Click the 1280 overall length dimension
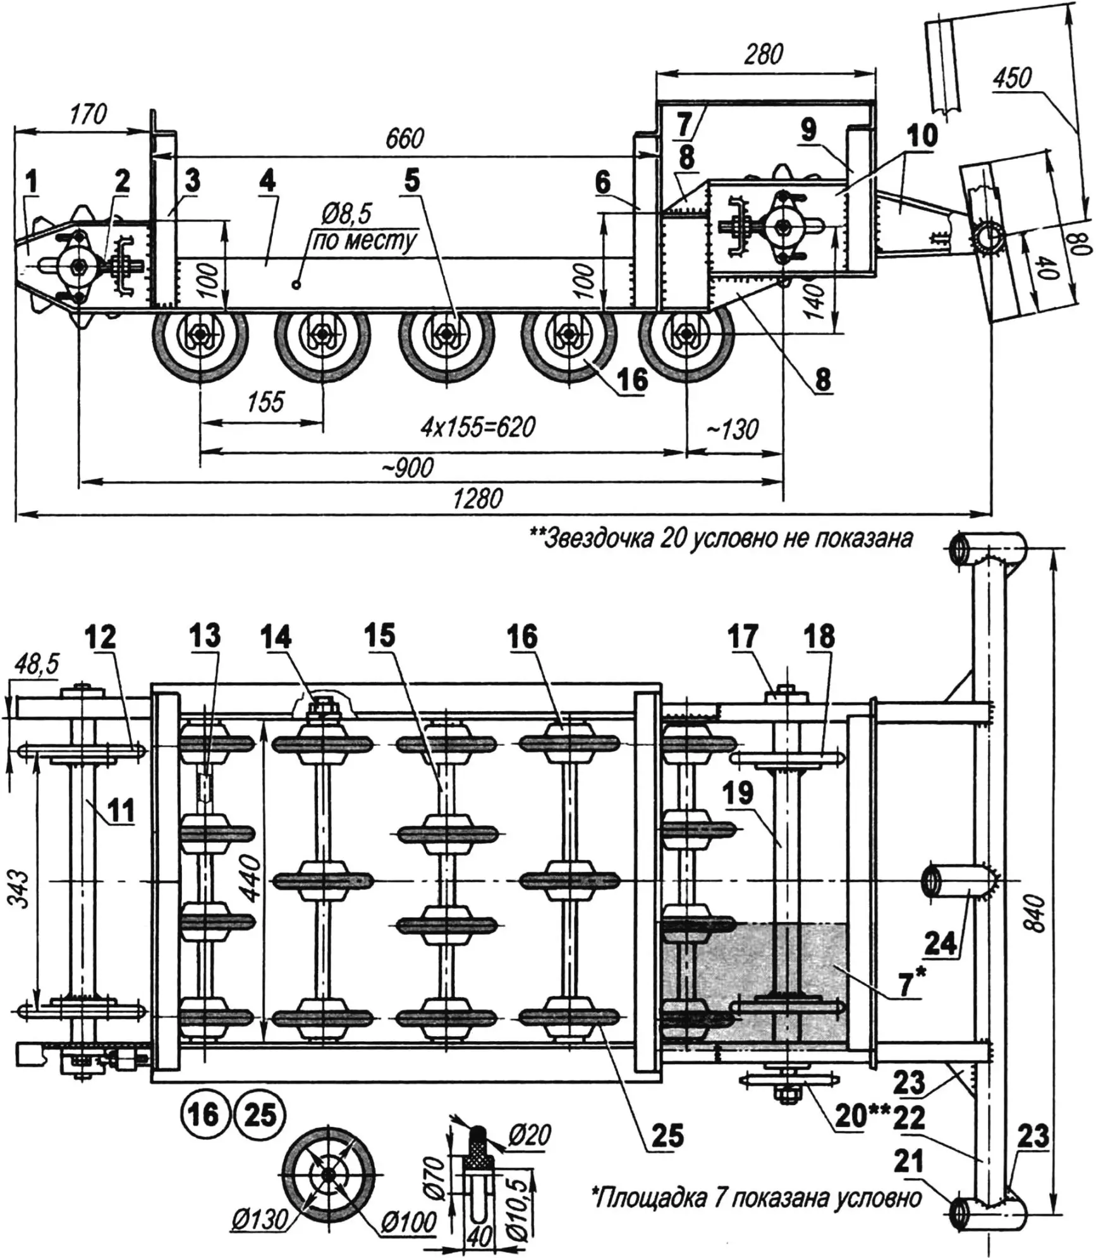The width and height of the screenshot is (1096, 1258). [x=478, y=499]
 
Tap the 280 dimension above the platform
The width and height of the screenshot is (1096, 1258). [x=763, y=55]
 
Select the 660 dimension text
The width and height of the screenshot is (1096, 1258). [x=405, y=138]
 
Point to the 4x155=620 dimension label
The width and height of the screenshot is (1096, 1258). [x=478, y=427]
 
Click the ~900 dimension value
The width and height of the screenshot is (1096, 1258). [x=408, y=467]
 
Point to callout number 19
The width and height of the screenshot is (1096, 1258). [x=739, y=794]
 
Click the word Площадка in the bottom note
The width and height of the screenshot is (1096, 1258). [x=651, y=1197]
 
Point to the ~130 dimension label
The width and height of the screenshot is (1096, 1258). [x=732, y=430]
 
